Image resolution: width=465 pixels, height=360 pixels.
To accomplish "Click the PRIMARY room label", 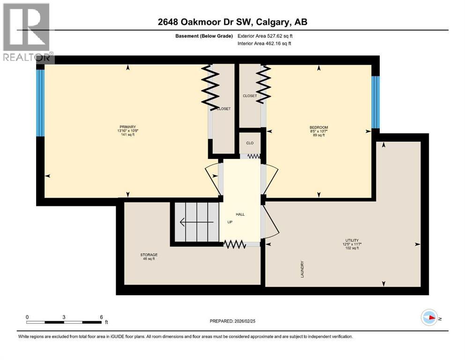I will tap(127, 127).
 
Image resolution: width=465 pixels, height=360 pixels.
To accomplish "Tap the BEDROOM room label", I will tap(318, 127).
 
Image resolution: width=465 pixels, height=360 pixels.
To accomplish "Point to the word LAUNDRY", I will tap(303, 270).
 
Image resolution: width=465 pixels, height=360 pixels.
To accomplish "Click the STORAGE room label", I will tap(148, 255).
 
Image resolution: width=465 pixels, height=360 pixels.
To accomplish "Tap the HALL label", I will tap(240, 214).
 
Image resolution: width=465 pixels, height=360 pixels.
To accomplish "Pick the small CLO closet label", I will tap(250, 143).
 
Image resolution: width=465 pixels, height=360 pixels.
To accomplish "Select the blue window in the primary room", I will tap(40, 103).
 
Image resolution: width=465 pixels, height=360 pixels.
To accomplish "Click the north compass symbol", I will tap(429, 318).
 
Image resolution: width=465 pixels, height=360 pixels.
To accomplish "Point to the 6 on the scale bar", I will tap(102, 316).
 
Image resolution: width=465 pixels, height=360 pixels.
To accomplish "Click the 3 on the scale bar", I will tap(64, 316).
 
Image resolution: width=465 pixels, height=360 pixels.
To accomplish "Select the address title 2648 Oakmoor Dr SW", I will tap(232, 22).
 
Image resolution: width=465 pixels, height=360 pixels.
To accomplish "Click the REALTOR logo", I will tap(27, 33).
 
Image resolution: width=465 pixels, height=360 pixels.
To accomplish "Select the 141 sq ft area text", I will tap(127, 135).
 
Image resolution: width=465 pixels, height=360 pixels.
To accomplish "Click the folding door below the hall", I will tap(235, 244).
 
